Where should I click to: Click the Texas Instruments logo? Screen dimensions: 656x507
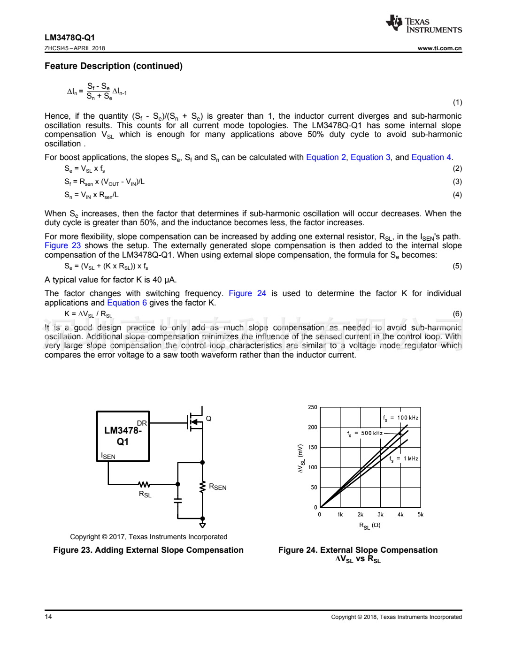[x=423, y=24]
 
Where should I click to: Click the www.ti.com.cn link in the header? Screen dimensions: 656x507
[x=439, y=48]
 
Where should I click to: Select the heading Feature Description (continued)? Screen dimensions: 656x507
[x=114, y=66]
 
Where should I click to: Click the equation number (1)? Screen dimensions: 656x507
[x=457, y=102]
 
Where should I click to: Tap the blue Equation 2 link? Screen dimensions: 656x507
[x=326, y=158]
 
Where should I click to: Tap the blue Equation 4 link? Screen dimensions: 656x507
[x=431, y=158]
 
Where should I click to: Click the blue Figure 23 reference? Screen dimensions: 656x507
[x=62, y=246]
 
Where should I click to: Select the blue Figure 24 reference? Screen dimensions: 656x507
[x=247, y=294]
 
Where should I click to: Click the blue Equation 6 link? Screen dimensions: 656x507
[x=127, y=303]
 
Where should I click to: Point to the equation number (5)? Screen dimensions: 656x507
[x=457, y=267]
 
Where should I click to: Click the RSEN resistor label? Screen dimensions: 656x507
[x=217, y=487]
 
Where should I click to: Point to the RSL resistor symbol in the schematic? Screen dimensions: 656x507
[x=144, y=484]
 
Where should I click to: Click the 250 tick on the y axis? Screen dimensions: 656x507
[x=313, y=407]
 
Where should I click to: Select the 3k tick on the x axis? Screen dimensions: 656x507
[x=380, y=515]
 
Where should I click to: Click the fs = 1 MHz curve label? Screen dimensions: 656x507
[x=404, y=459]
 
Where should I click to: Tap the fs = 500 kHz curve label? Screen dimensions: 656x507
[x=365, y=434]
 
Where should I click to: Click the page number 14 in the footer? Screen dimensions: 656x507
[x=48, y=617]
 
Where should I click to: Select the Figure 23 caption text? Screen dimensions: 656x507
[x=148, y=550]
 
